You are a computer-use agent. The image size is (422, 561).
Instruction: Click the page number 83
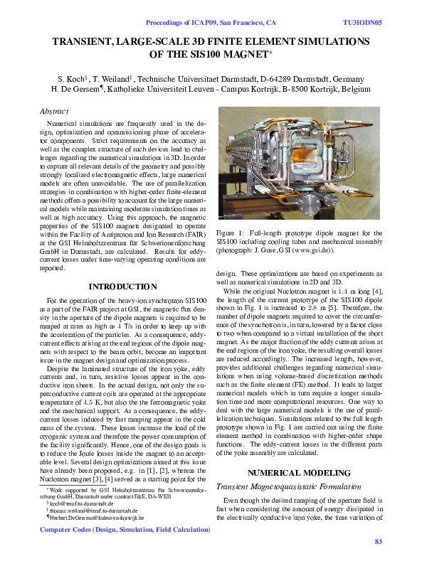(378, 542)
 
